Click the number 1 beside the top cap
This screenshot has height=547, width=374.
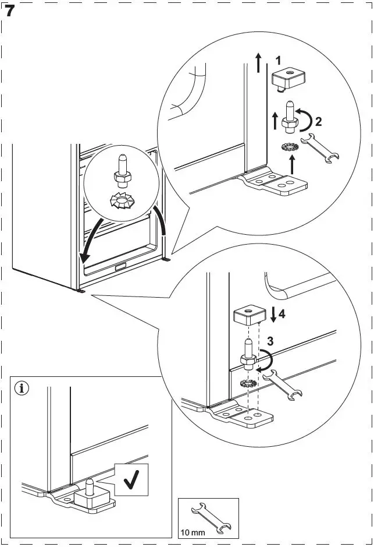[x=279, y=60]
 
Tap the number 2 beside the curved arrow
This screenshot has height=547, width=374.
[x=318, y=122]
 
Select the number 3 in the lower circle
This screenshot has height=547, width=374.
[x=269, y=341]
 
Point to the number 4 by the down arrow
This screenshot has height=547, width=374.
[x=282, y=314]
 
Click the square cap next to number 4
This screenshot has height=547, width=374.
[x=249, y=317]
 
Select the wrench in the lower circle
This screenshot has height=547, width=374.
[x=283, y=388]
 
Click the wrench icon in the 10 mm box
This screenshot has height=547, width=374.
[x=211, y=517]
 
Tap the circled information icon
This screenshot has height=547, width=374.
[x=22, y=387]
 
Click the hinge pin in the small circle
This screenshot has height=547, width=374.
[x=124, y=169]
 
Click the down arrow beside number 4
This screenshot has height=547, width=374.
[x=272, y=315]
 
